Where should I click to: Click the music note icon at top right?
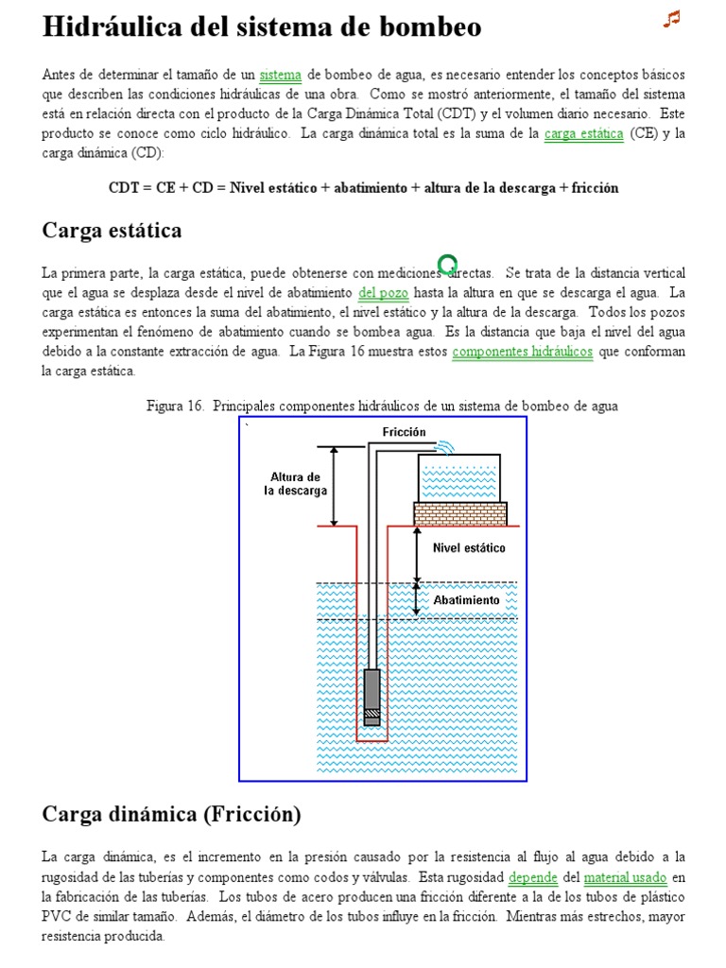pyautogui.click(x=672, y=19)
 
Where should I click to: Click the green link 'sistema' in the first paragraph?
pyautogui.click(x=280, y=74)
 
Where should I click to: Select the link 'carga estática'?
pyautogui.click(x=583, y=133)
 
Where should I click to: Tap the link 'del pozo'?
pyautogui.click(x=383, y=292)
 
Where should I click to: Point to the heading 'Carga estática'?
pyautogui.click(x=112, y=231)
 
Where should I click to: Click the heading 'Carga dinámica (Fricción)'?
pyautogui.click(x=171, y=814)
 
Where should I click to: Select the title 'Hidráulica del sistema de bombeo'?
pyautogui.click(x=262, y=27)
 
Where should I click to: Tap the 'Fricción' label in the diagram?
pyautogui.click(x=404, y=432)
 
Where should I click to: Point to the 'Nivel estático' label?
pyautogui.click(x=469, y=548)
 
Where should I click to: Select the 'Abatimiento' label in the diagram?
pyautogui.click(x=467, y=600)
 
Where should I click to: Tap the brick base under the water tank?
pyautogui.click(x=460, y=514)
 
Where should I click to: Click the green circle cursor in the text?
pyautogui.click(x=448, y=264)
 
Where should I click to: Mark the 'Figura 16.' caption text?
pyautogui.click(x=176, y=406)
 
